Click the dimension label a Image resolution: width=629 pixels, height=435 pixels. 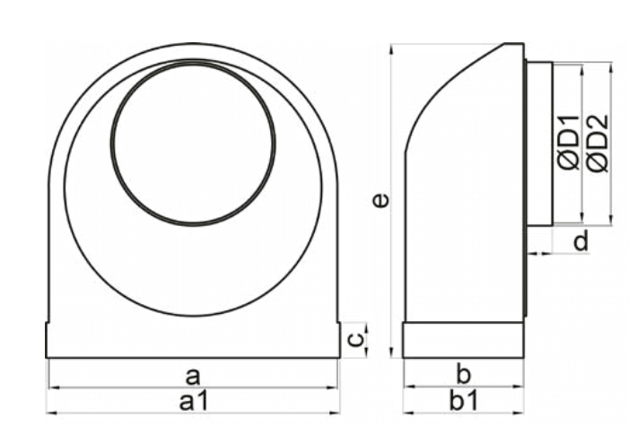coord(193,377)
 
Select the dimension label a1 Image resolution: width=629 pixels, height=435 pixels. coord(194,401)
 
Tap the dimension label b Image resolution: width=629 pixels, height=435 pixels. coord(463,375)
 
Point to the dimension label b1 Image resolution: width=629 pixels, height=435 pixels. coord(464,400)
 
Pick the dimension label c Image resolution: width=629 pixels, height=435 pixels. coord(356,339)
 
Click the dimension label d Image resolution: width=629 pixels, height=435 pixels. coord(581,240)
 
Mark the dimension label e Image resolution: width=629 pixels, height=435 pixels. coord(380,200)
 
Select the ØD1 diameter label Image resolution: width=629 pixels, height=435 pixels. coord(568,143)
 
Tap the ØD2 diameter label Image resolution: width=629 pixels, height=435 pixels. coord(598,144)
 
